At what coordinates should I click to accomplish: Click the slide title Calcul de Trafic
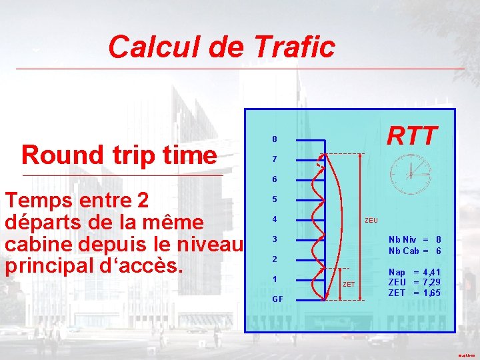[221, 47]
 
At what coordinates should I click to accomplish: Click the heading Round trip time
[119, 155]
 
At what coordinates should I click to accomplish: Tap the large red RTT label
[412, 135]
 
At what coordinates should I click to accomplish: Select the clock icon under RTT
[410, 173]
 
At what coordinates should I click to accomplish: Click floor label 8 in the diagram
[275, 139]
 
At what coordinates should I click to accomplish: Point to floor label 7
[275, 159]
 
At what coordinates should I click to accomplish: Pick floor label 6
[275, 179]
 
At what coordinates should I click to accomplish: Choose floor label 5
[275, 199]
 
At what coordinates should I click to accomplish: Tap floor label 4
[275, 219]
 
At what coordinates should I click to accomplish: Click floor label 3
[275, 239]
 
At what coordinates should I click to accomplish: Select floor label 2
[275, 259]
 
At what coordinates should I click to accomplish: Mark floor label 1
[275, 279]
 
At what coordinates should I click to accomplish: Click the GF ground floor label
[277, 299]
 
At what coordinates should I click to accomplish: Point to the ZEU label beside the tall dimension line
[371, 220]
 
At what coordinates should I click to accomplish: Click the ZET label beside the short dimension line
[348, 285]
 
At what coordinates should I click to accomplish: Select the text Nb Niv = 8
[415, 239]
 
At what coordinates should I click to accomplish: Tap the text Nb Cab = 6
[415, 251]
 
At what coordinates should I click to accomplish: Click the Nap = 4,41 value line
[414, 272]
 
